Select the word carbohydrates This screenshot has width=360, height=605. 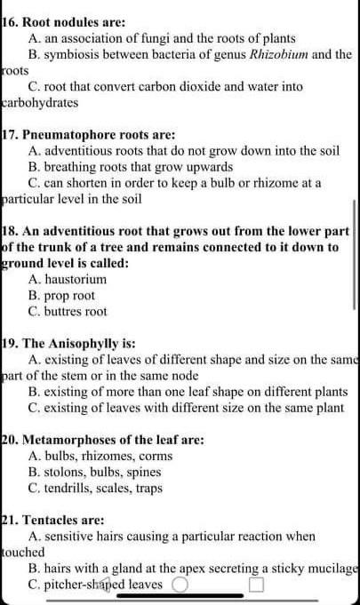coord(40,102)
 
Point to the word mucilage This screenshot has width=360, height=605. coord(332,568)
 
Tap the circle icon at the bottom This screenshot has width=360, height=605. coord(180,585)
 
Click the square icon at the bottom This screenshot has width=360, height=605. coord(257,585)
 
